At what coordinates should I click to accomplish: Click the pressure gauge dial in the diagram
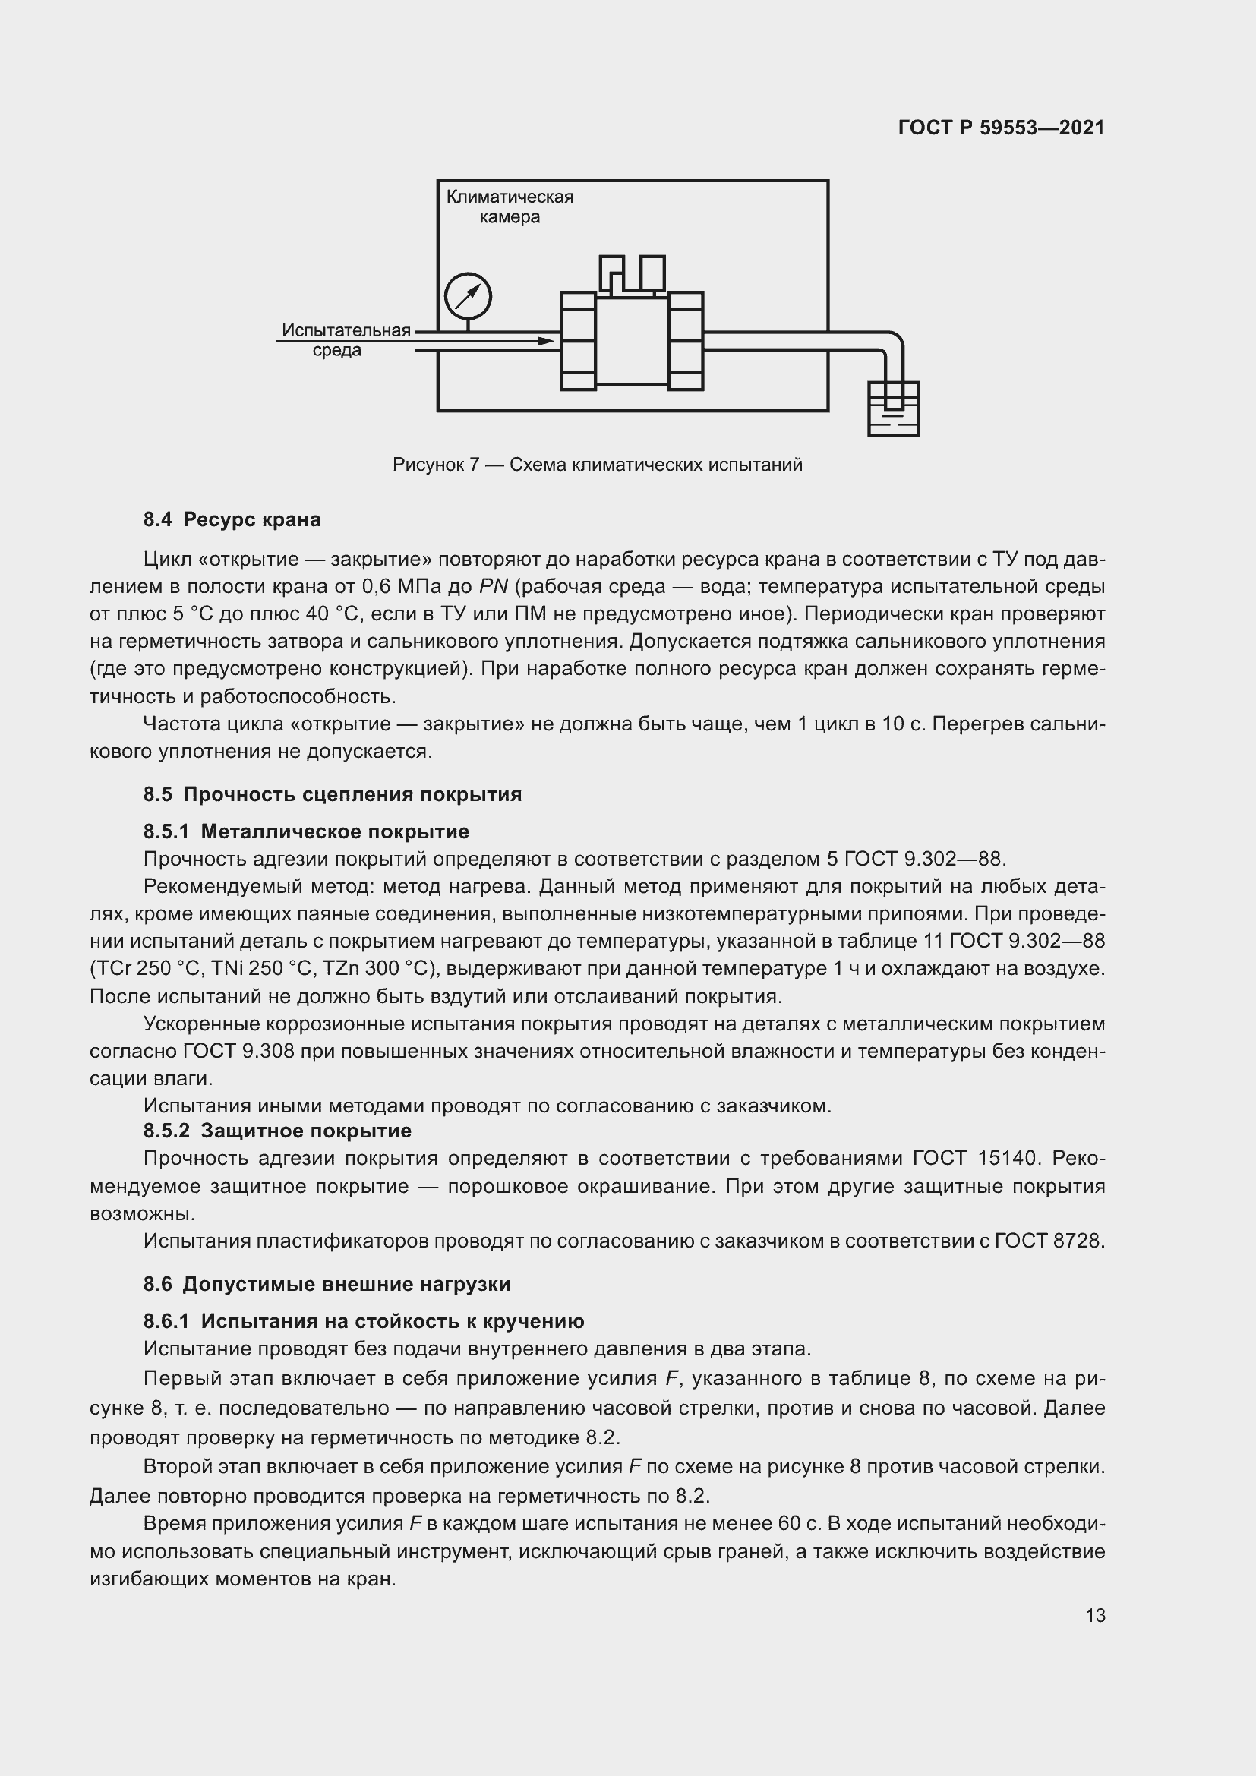468,296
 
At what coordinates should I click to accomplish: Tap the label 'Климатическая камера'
510,207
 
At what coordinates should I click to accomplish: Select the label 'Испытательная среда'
346,340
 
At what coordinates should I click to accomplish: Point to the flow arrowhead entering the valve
547,341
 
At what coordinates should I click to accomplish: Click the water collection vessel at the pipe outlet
893,409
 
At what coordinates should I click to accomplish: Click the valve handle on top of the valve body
632,275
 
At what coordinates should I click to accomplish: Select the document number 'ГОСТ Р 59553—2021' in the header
1001,128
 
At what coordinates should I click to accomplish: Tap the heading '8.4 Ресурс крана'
232,520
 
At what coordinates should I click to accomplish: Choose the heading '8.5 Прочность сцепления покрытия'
333,794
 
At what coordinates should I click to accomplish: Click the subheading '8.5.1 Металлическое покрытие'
306,831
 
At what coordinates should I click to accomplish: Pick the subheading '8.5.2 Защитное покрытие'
278,1131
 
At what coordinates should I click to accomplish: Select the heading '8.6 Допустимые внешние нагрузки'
327,1285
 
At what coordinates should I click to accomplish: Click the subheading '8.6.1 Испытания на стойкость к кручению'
364,1322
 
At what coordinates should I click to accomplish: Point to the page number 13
1095,1616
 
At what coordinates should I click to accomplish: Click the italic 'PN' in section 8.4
494,587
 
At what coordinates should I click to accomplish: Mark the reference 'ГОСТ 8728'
1048,1241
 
